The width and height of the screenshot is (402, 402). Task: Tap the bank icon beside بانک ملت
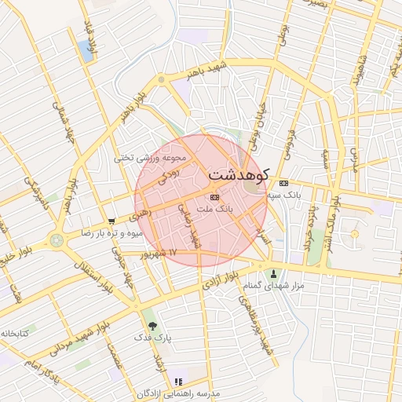click(x=214, y=197)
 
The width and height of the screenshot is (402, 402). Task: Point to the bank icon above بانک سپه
click(x=283, y=184)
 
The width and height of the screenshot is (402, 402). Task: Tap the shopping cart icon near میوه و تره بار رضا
click(x=112, y=222)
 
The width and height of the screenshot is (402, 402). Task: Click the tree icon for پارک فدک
click(x=152, y=325)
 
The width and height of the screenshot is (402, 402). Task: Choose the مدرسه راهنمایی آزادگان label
click(x=177, y=392)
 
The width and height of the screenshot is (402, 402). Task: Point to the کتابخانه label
click(x=14, y=334)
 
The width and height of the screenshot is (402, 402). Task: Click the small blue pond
click(x=84, y=50)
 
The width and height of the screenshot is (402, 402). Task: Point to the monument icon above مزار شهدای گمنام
click(x=274, y=274)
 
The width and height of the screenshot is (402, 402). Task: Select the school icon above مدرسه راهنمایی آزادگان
click(x=177, y=381)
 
